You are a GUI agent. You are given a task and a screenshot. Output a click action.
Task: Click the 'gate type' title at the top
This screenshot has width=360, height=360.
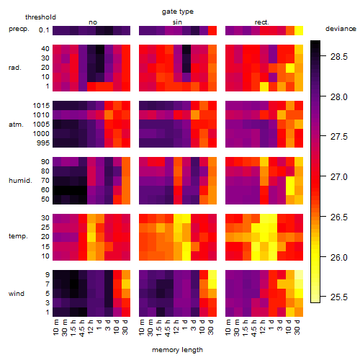(x=178, y=12)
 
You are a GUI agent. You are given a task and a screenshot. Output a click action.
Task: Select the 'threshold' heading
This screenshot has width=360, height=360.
(x=40, y=17)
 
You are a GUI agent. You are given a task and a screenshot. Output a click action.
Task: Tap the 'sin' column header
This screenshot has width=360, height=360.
(x=177, y=22)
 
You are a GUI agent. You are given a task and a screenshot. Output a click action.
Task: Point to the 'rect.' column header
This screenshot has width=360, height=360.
(x=261, y=22)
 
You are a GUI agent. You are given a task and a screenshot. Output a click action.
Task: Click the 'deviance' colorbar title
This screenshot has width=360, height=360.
(x=341, y=29)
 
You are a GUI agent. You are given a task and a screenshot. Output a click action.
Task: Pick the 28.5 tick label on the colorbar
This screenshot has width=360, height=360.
(x=339, y=57)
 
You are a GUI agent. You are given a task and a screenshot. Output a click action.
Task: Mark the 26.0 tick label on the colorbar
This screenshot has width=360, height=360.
(x=339, y=258)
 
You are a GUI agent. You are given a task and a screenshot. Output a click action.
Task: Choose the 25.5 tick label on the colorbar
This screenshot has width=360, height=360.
(x=339, y=297)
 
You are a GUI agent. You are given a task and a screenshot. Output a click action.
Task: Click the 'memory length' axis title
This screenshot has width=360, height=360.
(x=177, y=350)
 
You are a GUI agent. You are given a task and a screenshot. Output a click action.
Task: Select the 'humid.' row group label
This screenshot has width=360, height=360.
(x=20, y=181)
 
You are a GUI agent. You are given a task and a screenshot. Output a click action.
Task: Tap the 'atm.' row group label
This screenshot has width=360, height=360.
(x=16, y=125)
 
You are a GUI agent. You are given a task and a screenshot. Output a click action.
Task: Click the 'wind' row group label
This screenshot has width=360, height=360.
(x=17, y=294)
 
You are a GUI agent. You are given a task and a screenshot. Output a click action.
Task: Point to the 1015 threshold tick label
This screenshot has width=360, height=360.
(x=41, y=106)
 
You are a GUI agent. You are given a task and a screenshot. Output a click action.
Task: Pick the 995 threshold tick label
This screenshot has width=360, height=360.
(x=43, y=143)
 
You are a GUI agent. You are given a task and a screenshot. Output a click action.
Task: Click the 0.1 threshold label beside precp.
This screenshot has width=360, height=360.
(x=44, y=30)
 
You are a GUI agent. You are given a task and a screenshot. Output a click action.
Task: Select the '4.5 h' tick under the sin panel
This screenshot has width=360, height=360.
(x=168, y=328)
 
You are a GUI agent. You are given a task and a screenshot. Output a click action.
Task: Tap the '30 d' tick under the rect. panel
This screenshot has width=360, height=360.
(x=297, y=327)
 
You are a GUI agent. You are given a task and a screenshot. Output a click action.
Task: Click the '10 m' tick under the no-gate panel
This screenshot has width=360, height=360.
(x=55, y=327)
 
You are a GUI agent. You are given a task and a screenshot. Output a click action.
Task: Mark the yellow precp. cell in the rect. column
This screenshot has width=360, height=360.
(x=299, y=30)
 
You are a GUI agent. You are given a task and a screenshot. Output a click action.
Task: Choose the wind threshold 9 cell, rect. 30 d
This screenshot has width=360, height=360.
(x=299, y=274)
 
